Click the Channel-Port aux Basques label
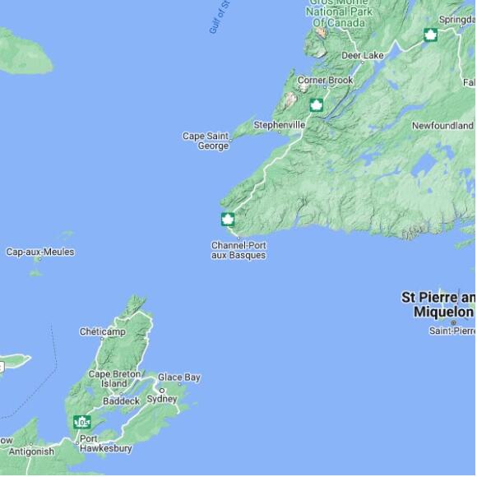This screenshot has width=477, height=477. [x=238, y=250]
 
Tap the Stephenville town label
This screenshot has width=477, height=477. [x=279, y=125]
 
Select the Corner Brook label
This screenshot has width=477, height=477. [x=325, y=81]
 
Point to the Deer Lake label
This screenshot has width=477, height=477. [x=362, y=56]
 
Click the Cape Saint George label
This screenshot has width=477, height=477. [x=205, y=141]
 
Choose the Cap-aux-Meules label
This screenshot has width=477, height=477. [x=40, y=252]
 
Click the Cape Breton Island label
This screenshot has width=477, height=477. [x=114, y=378]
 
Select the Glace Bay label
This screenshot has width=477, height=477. [x=179, y=377]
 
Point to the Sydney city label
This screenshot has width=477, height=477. [x=161, y=399]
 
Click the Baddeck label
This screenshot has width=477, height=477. [x=121, y=401]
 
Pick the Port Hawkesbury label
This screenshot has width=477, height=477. [x=105, y=443]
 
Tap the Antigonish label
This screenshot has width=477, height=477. [x=31, y=452]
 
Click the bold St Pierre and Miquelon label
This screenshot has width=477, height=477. [x=438, y=304]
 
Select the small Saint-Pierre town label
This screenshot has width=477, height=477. [x=452, y=331]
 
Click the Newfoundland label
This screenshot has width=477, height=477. [x=442, y=126]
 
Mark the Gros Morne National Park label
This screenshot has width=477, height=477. [x=339, y=12]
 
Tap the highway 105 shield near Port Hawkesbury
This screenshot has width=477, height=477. [x=81, y=422]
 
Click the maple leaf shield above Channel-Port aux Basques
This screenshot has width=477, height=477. [x=228, y=220]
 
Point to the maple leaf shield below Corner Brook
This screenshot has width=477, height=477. [x=316, y=105]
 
